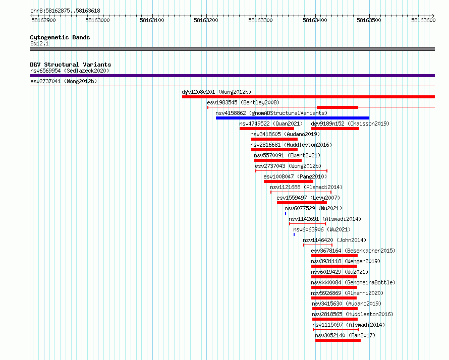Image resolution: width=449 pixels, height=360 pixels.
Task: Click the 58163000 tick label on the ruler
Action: [97, 20]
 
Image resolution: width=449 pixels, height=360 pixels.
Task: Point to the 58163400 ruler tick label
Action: [315, 20]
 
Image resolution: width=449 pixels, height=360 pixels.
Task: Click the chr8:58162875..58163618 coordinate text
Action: [65, 11]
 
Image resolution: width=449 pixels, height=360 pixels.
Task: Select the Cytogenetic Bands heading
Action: [60, 37]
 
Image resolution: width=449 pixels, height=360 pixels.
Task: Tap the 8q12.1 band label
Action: [39, 43]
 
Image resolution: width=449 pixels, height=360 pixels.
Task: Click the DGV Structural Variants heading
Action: [71, 65]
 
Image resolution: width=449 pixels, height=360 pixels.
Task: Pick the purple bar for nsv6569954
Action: [232, 76]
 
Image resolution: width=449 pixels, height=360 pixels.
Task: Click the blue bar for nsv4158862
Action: [293, 118]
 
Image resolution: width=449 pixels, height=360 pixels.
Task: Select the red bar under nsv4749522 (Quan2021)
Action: [266, 129]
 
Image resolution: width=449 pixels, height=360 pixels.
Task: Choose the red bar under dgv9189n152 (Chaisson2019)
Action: [335, 129]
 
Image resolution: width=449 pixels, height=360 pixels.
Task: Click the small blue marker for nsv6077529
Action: [286, 213]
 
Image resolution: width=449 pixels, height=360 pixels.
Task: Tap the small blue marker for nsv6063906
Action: [294, 234]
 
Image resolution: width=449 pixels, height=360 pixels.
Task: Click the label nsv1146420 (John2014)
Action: [334, 240]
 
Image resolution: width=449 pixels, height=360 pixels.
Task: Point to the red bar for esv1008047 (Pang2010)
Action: [289, 182]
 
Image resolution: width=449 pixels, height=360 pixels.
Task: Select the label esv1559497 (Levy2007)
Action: [308, 198]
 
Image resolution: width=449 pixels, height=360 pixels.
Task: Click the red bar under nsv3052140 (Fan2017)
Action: [338, 340]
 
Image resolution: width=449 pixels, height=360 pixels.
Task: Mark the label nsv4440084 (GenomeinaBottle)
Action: [353, 282]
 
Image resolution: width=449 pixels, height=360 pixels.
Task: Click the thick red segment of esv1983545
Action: [338, 107]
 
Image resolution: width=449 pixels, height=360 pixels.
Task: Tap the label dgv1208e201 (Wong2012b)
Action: [216, 92]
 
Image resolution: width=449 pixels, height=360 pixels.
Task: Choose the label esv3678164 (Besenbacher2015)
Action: [353, 251]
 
